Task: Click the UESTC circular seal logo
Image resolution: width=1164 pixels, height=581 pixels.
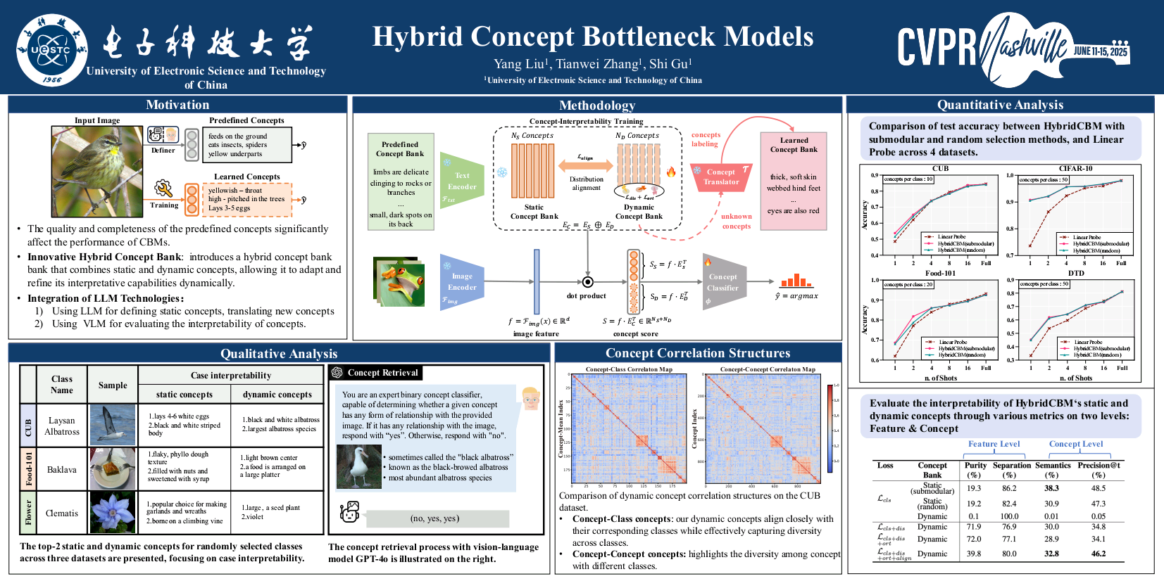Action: pos(52,49)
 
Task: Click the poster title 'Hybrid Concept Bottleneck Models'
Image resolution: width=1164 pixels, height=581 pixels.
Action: pos(592,37)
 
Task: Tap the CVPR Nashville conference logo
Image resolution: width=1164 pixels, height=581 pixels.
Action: pos(1013,46)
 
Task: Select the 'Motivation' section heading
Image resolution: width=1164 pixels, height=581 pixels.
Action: pos(177,105)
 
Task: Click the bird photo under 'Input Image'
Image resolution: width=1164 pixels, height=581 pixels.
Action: pos(97,172)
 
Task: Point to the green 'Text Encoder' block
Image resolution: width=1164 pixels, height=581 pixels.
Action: pos(462,181)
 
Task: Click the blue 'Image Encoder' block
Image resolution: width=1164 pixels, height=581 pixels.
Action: pos(462,281)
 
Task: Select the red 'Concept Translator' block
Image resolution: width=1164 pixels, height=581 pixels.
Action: pos(721,177)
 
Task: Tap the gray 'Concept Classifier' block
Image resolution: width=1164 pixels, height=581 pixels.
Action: pos(723,282)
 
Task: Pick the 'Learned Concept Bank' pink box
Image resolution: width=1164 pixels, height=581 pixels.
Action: pos(794,180)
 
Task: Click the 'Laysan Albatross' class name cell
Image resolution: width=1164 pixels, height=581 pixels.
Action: pos(62,426)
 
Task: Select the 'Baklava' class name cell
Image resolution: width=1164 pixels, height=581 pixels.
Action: pos(62,469)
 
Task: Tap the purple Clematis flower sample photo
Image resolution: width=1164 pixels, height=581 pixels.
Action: pos(113,513)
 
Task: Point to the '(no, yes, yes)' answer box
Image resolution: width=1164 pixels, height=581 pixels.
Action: pos(434,518)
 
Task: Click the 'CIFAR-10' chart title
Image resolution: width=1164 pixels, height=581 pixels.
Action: pos(1075,169)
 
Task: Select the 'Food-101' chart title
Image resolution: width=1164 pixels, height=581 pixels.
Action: pos(940,273)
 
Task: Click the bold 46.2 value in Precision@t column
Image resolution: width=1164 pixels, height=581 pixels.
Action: pos(1098,554)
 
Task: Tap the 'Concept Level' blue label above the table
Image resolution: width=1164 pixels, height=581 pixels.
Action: pos(1075,444)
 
